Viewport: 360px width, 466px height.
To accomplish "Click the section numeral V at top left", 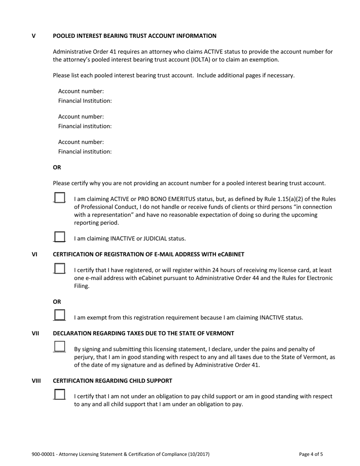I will (x=34, y=36).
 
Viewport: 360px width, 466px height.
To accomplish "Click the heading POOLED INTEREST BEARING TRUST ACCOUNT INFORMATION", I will (x=135, y=36).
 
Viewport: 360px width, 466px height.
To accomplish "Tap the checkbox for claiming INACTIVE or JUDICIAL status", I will (x=59, y=237).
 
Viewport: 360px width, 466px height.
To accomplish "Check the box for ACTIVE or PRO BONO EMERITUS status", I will (x=59, y=197).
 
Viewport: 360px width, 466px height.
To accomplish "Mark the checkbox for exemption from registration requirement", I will (x=59, y=315).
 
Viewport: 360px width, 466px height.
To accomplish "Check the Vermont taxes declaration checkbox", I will (x=59, y=347).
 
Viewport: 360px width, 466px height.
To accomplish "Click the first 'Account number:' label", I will (x=81, y=91).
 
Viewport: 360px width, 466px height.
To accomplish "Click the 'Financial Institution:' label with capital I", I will (x=85, y=101).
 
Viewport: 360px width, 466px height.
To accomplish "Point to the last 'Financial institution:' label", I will (x=85, y=152).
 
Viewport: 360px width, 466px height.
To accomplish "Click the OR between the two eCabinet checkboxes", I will (x=57, y=302).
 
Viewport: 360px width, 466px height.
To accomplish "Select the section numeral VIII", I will (x=36, y=381).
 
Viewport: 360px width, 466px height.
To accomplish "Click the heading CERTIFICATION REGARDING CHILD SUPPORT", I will (x=113, y=381).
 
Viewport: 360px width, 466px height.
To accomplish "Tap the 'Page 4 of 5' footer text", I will (x=311, y=454).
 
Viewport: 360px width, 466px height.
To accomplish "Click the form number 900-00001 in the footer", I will (x=44, y=454).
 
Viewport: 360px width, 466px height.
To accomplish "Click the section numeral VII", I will (x=35, y=333).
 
